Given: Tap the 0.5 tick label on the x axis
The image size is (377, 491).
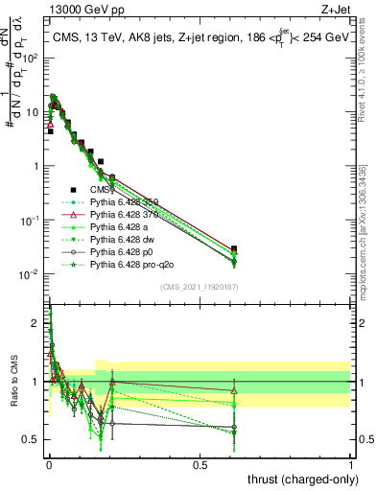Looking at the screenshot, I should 200,463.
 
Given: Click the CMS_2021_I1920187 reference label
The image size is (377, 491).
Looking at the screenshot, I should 200,286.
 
